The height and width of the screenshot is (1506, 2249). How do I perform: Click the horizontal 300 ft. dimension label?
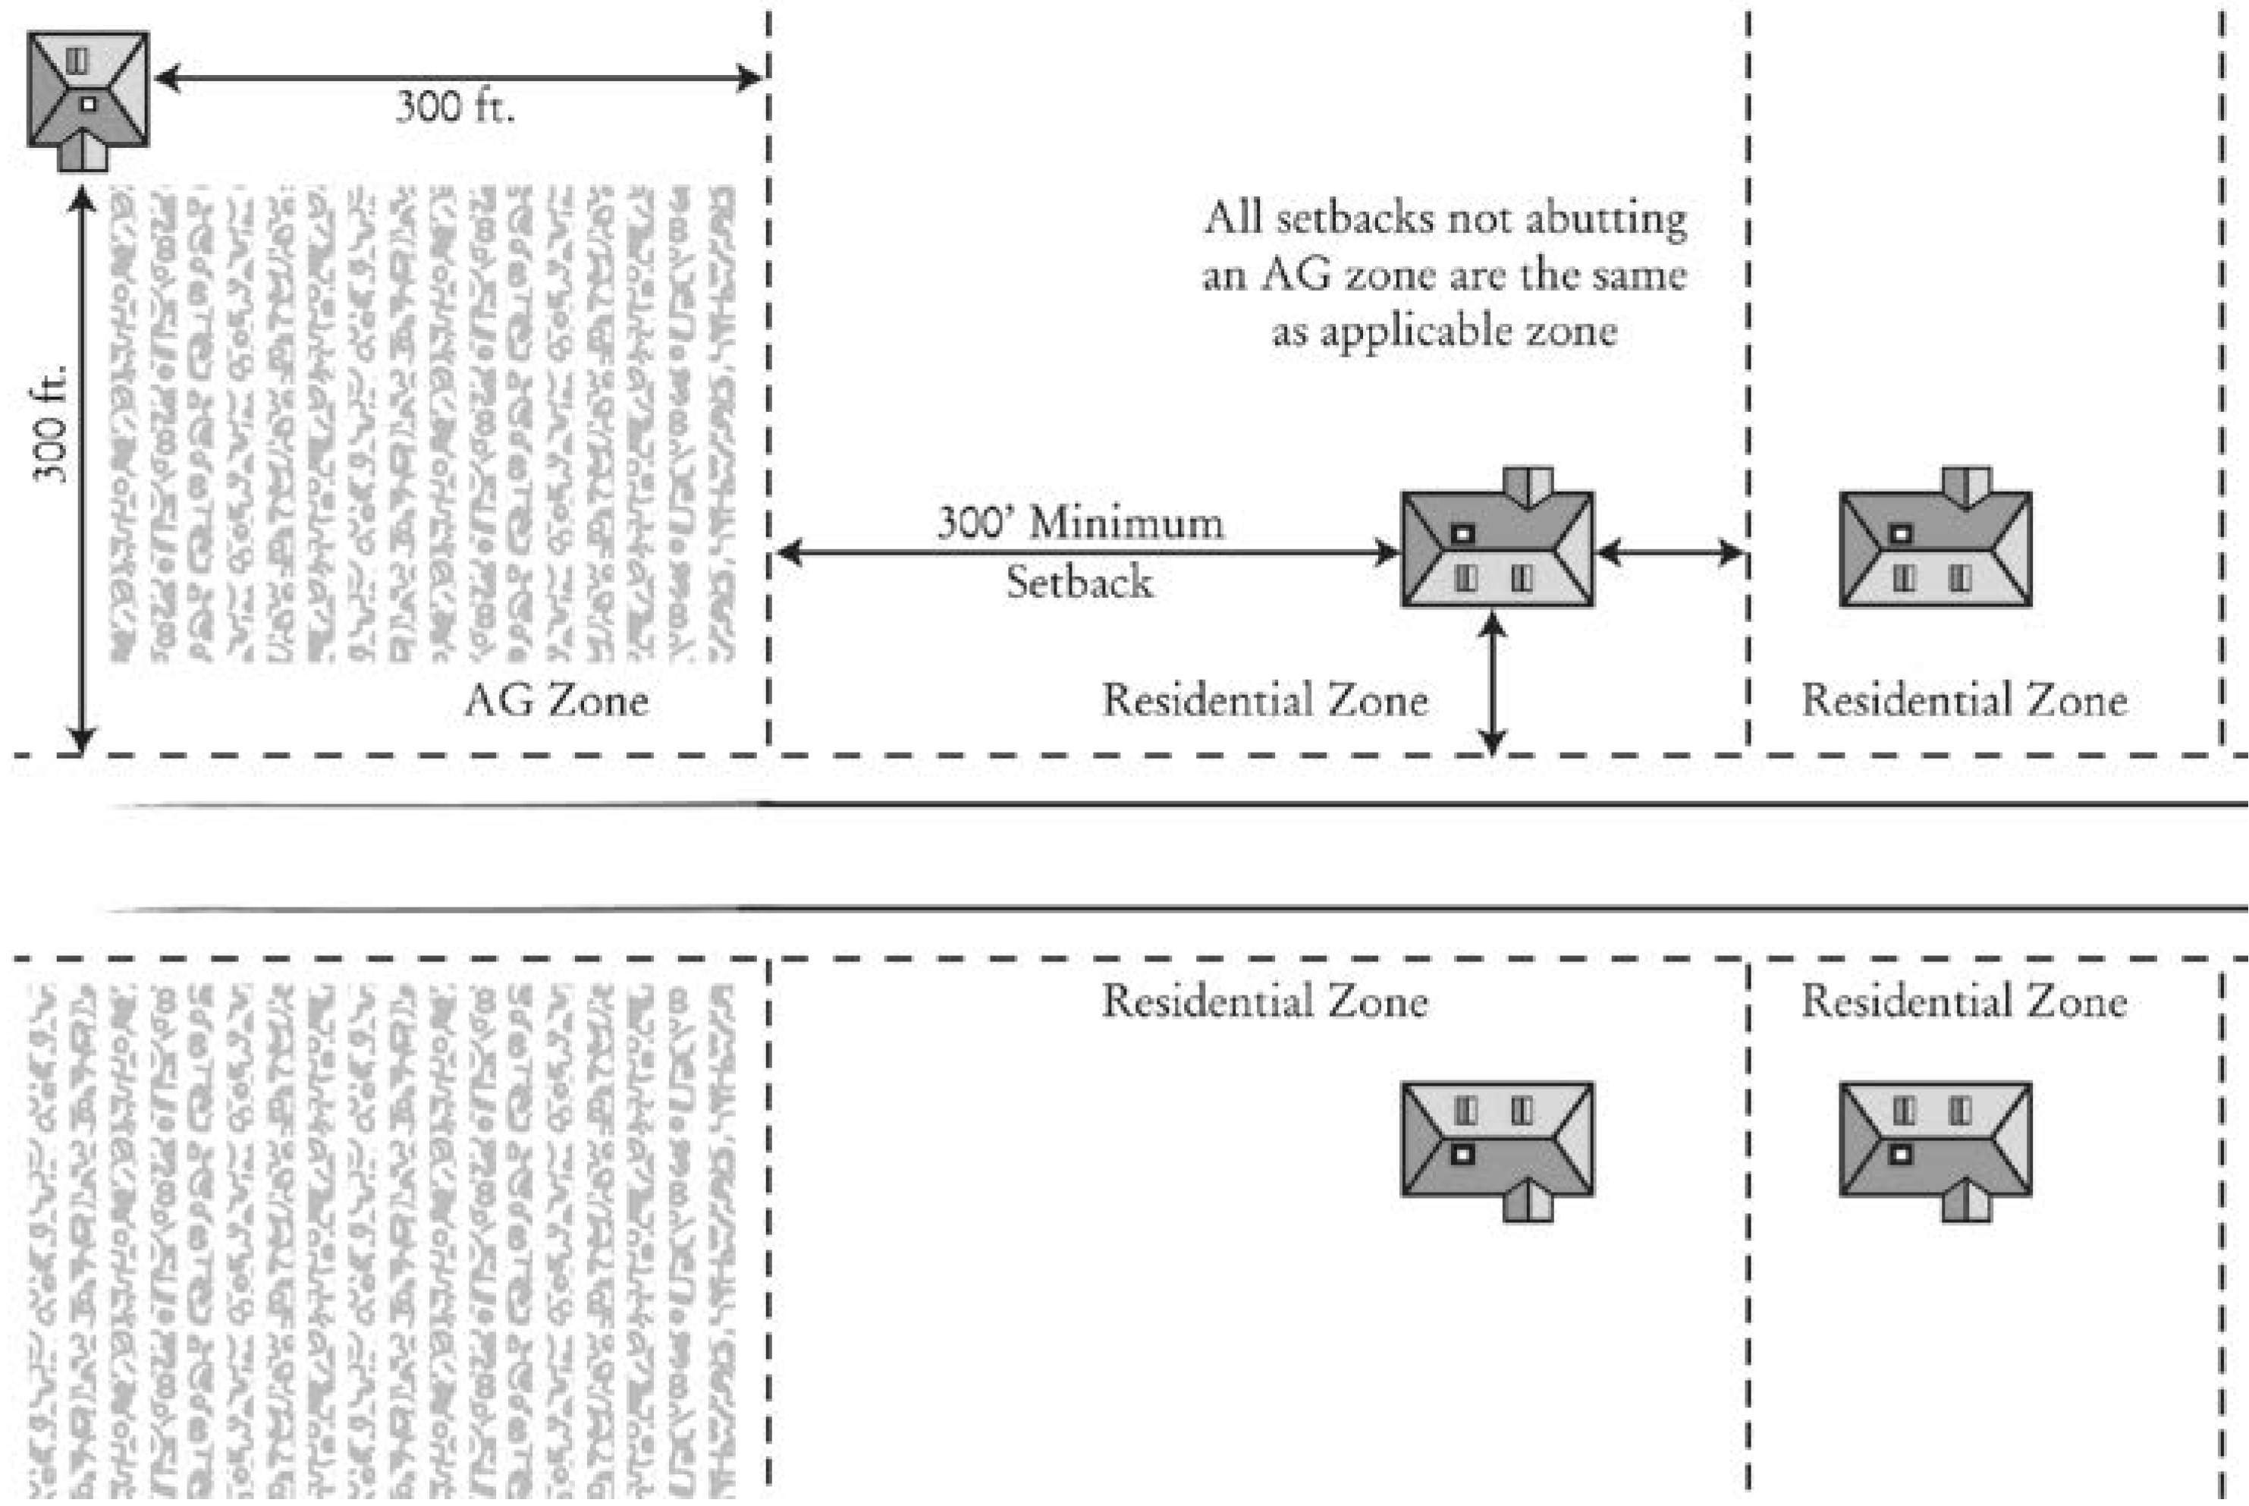click(x=455, y=107)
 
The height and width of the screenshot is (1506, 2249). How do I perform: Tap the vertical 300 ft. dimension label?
click(x=51, y=423)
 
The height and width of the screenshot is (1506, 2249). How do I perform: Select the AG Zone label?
click(x=556, y=700)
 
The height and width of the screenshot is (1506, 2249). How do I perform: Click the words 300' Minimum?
click(x=1080, y=523)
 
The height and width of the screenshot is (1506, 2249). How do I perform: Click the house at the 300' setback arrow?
click(x=1497, y=549)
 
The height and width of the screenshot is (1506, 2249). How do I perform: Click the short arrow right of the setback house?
click(x=1671, y=552)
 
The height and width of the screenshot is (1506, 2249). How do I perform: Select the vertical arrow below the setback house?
click(x=1491, y=684)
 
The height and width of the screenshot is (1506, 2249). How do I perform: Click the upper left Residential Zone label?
click(x=1264, y=700)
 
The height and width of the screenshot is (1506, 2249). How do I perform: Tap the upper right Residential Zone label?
click(x=1964, y=700)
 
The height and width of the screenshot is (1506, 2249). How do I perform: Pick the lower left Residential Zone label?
click(x=1264, y=1001)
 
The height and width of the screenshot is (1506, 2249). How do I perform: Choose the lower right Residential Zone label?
click(x=1964, y=1001)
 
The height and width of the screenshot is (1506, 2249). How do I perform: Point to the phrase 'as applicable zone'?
click(x=1444, y=332)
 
